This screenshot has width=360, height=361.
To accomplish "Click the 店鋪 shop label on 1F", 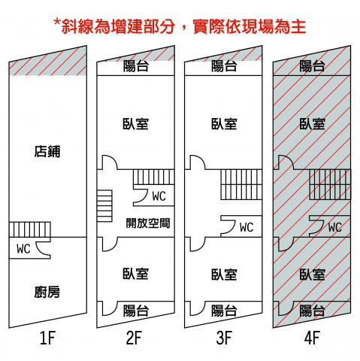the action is click(47, 151).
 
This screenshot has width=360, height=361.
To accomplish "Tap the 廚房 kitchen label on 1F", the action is click(47, 292).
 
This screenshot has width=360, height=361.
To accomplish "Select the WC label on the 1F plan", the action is click(23, 249).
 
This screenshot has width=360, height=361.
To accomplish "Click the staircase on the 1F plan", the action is click(30, 229).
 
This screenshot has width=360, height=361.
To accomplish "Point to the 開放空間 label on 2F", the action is click(148, 223).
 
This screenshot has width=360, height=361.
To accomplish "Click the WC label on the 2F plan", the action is click(159, 196).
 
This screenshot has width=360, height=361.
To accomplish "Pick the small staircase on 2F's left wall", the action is click(104, 205).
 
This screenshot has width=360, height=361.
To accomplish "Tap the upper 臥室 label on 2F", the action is click(135, 124).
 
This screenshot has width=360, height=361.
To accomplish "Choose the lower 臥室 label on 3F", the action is click(224, 275).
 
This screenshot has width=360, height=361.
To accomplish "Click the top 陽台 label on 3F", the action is click(224, 66).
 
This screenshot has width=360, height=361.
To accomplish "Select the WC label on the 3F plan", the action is click(247, 227).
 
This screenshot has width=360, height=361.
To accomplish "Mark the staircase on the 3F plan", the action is click(241, 184).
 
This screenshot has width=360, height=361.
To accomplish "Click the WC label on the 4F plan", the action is click(335, 227).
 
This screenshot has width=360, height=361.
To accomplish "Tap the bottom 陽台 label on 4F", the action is click(312, 311).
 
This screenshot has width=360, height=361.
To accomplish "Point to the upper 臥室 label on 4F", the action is click(312, 124).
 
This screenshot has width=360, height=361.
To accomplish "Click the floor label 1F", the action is click(47, 338).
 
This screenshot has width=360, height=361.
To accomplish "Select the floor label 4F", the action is click(312, 338).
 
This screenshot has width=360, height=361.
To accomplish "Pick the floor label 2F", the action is click(134, 338).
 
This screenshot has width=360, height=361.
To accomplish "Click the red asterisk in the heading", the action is click(57, 23).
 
